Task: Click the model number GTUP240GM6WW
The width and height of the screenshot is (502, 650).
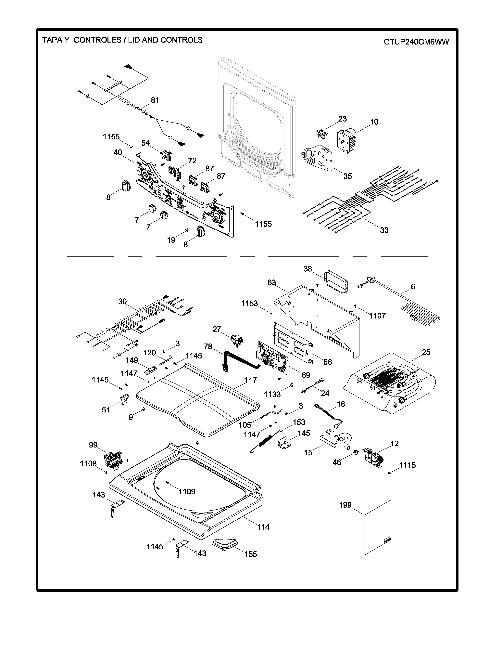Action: tap(416, 42)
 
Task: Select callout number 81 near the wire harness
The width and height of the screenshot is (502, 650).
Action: tap(155, 101)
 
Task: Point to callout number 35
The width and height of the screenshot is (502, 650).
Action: tap(347, 176)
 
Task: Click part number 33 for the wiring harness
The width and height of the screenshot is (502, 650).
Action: tap(384, 230)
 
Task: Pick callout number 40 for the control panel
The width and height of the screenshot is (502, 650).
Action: tap(118, 152)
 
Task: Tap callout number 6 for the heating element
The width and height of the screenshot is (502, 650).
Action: tap(413, 286)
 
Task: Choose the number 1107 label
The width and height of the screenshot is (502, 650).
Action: tap(377, 316)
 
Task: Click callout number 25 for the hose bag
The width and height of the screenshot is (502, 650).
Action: tap(426, 352)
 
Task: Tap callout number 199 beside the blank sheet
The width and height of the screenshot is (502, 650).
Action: tap(345, 505)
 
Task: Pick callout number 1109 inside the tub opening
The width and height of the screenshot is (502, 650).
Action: tap(187, 491)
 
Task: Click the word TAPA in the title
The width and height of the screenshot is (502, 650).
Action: tap(51, 40)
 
